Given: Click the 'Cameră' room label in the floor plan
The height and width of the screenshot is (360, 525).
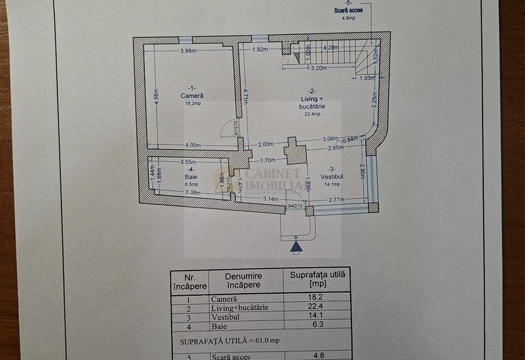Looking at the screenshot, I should [x=191, y=96].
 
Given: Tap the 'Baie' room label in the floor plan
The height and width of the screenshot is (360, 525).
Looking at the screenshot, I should [x=191, y=176].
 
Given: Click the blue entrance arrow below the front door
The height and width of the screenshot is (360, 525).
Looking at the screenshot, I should [x=295, y=247].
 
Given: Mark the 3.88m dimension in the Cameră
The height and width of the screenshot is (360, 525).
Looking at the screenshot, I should [x=189, y=51].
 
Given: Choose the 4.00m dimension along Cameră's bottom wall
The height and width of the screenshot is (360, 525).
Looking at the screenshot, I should [x=193, y=145].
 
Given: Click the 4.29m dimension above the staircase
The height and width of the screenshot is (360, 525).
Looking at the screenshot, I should [x=330, y=48].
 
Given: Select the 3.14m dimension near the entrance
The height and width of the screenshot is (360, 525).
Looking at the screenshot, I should [x=271, y=199].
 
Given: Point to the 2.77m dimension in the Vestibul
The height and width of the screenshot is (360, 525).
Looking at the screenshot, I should [x=336, y=199].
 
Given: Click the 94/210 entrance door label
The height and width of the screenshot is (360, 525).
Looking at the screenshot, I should [x=295, y=205].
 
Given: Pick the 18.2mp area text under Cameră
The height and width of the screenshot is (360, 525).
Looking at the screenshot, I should [x=192, y=104].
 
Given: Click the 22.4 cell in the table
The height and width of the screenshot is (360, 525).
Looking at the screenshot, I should [x=317, y=307].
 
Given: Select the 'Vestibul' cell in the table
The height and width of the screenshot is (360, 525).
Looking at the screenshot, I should [x=224, y=316].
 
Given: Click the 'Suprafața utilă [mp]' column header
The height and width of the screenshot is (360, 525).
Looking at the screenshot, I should [x=317, y=279].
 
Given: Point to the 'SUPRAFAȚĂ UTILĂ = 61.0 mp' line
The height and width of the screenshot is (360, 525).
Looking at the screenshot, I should [x=230, y=340].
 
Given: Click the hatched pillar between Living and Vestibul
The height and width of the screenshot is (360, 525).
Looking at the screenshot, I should [x=295, y=152].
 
